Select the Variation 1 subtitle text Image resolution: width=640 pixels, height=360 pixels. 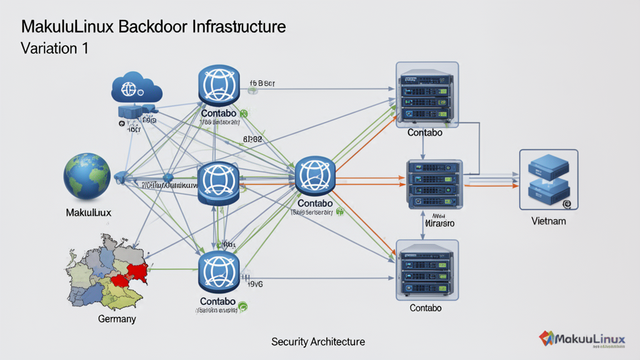(x=54, y=49)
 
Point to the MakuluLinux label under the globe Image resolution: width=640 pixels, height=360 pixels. (x=88, y=213)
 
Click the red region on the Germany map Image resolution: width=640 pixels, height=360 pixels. (x=136, y=270)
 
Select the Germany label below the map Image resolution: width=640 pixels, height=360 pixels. (x=117, y=319)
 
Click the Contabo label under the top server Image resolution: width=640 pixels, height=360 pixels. (x=425, y=133)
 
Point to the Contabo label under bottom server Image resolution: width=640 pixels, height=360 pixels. (x=426, y=308)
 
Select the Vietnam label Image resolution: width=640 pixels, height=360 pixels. (x=549, y=221)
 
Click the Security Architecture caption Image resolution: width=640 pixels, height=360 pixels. (x=318, y=342)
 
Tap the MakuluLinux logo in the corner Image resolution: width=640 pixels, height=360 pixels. (x=582, y=339)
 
